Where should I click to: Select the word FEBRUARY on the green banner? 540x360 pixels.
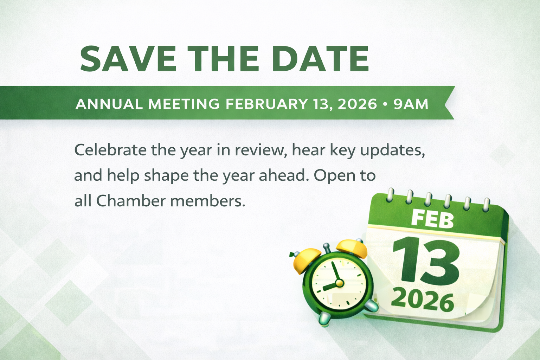point(266,104)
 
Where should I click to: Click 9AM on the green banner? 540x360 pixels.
point(411,104)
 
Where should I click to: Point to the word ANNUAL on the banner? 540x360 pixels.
point(109,104)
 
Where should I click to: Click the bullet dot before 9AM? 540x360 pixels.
point(385,104)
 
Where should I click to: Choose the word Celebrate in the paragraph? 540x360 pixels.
point(110,150)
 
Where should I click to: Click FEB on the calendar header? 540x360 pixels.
point(432,218)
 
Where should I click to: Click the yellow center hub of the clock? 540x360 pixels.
point(339,283)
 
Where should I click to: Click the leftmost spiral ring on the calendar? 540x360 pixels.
point(390,195)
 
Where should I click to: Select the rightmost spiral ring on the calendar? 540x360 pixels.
point(487,205)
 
